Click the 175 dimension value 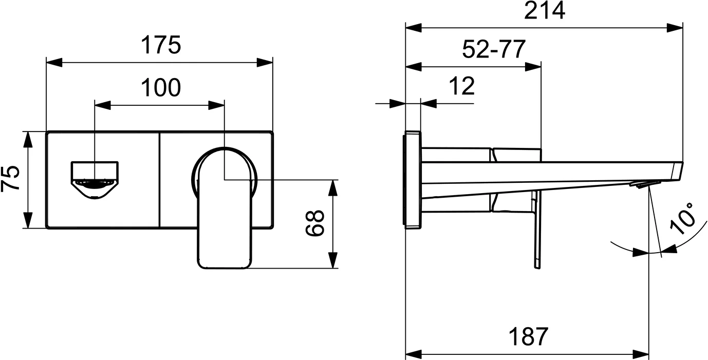tap(161, 45)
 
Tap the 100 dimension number tap(161, 87)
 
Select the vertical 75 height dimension tap(10, 179)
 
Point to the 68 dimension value tap(315, 223)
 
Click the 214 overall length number tap(544, 11)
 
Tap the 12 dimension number tap(462, 86)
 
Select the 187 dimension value tap(528, 337)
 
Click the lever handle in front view tap(225, 209)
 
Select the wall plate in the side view tap(413, 180)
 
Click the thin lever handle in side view tap(537, 230)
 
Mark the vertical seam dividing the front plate tap(160, 180)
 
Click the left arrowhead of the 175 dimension tap(54, 63)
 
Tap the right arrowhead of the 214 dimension tap(675, 28)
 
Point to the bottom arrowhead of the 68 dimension tap(332, 260)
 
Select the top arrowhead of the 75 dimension tap(28, 139)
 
